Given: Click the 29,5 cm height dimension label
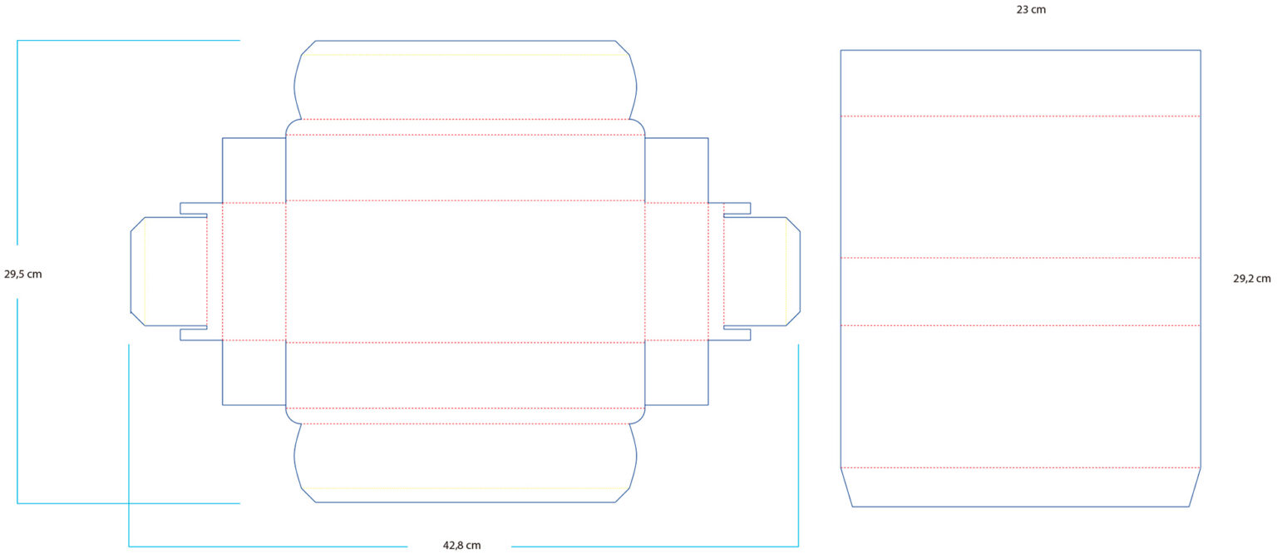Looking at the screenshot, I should pyautogui.click(x=22, y=274).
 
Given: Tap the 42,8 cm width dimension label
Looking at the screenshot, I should pyautogui.click(x=461, y=546).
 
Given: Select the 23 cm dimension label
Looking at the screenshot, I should pyautogui.click(x=1030, y=10).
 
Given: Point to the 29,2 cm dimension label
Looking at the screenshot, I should pyautogui.click(x=1251, y=279).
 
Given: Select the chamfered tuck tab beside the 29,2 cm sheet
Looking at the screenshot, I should pyautogui.click(x=761, y=271).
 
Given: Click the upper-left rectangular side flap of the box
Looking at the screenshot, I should pyautogui.click(x=254, y=170).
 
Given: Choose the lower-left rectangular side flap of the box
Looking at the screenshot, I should pyautogui.click(x=254, y=373).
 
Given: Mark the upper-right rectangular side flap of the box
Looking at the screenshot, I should pyautogui.click(x=676, y=170).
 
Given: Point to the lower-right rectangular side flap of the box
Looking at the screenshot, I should pyautogui.click(x=676, y=373).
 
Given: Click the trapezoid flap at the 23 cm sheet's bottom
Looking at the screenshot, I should pyautogui.click(x=1020, y=487).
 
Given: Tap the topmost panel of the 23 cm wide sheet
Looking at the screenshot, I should pyautogui.click(x=1020, y=83).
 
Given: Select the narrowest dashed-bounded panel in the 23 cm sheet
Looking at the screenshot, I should pyautogui.click(x=1020, y=291).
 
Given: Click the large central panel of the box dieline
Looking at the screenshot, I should pyautogui.click(x=466, y=271).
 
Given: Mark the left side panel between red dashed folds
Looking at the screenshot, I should pyautogui.click(x=254, y=271).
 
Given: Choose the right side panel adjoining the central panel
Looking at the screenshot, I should pyautogui.click(x=676, y=271).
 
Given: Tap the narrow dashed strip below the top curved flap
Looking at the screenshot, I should pyautogui.click(x=466, y=127).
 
